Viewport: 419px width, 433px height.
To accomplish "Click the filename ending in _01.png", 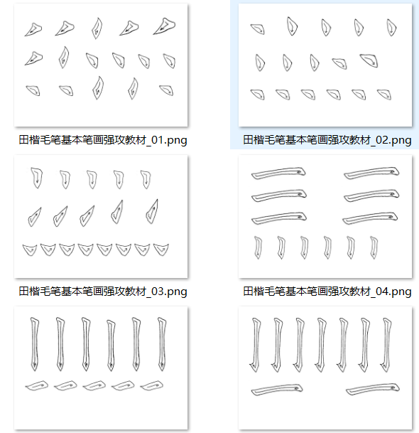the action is [103, 140].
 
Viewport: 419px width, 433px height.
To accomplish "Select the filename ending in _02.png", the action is [327, 140].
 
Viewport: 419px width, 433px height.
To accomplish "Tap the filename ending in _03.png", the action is [103, 292].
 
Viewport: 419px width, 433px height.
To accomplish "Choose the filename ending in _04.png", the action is [327, 292].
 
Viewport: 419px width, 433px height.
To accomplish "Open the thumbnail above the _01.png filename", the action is [101, 65].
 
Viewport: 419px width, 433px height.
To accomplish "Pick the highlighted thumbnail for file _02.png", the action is [325, 65].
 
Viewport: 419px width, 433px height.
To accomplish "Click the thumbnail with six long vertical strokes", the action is [101, 368].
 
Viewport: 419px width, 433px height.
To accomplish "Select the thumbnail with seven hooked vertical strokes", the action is [325, 368].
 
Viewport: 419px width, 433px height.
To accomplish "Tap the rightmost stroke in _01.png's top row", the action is [165, 26].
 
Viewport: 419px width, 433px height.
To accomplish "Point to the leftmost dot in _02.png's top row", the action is [259, 28].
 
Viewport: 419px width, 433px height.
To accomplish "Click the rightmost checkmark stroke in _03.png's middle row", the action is [153, 211].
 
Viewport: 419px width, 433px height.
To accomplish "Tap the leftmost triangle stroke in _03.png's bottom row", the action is [30, 250].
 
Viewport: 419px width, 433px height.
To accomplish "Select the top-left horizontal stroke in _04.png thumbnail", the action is [278, 173].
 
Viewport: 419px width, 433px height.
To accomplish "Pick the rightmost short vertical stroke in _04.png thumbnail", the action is [374, 247].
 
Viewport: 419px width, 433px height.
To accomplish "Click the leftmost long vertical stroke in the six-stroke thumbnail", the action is [35, 344].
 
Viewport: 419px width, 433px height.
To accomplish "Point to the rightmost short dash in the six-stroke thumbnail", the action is [152, 385].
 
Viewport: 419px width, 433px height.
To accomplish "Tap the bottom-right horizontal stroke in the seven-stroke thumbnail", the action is [373, 389].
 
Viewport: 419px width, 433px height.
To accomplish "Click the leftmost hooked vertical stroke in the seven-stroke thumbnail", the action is [256, 345].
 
